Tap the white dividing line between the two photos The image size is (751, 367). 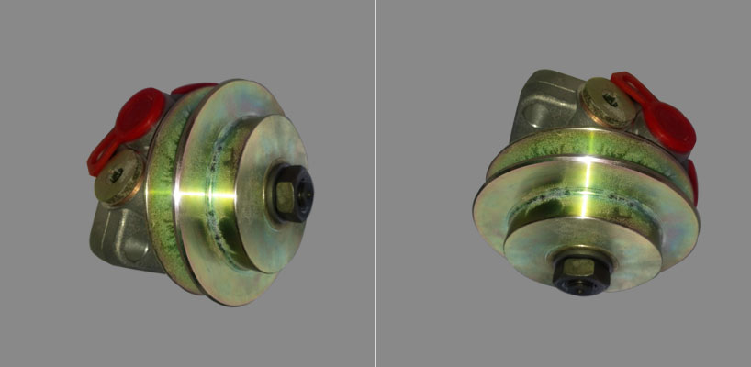(x=375, y=183)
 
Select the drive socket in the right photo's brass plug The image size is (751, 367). (x=606, y=101)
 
